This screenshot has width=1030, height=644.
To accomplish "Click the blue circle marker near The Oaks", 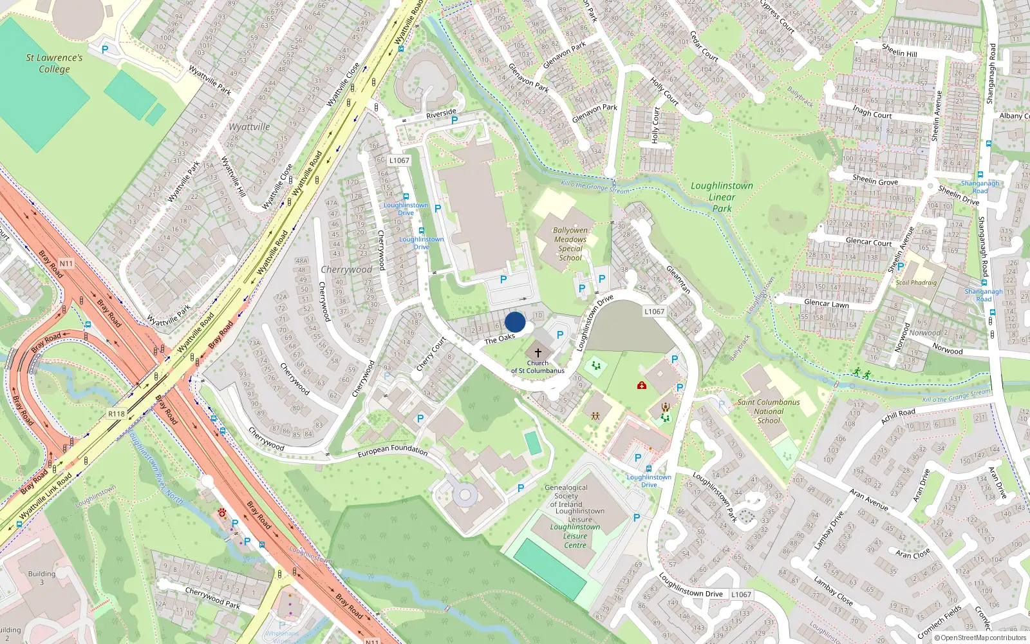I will [515, 323].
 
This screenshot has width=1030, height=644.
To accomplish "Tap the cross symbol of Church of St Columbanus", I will [538, 353].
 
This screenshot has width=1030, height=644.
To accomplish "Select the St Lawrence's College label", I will [54, 63].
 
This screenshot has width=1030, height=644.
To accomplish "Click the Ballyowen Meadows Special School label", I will [570, 244].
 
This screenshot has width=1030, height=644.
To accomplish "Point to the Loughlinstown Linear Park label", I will [722, 196].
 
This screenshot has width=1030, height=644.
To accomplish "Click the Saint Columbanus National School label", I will [769, 411].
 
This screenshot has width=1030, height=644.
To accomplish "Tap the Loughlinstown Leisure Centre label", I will [575, 536].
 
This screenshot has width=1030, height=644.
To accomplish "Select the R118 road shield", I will [117, 413].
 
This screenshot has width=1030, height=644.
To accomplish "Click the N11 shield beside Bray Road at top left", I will [66, 263].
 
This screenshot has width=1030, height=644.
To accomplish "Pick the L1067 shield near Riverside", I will [399, 160].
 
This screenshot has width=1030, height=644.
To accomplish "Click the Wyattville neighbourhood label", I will [249, 127].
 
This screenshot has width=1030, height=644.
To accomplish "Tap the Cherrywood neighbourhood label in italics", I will [346, 269].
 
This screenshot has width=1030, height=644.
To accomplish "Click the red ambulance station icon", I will [642, 385].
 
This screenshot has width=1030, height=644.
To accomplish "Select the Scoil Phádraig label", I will [916, 282].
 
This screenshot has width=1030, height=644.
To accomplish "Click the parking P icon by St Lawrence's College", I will [105, 49].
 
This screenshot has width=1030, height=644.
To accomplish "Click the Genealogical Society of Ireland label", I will [566, 496].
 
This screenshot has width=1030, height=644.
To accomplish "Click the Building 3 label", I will [42, 578].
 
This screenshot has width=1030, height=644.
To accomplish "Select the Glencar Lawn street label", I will [827, 303].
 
